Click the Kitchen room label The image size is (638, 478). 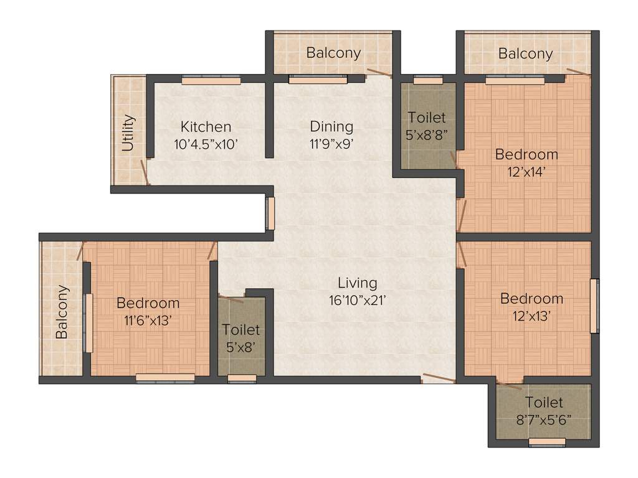tap(206, 127)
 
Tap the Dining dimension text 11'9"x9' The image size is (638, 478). tap(331, 143)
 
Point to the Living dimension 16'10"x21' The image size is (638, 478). tap(358, 299)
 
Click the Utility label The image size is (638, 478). tap(128, 133)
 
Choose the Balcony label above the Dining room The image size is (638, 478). tap(333, 53)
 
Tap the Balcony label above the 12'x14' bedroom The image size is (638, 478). tap(525, 54)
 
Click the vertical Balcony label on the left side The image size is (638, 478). tap(62, 312)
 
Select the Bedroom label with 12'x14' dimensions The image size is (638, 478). tap(526, 154)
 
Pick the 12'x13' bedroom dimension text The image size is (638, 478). tap(531, 315)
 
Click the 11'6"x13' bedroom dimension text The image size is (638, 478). tap(148, 320)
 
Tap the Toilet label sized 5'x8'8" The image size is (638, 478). tap(427, 118)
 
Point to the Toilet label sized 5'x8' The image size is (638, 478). tap(240, 330)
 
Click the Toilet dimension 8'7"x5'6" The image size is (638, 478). tap(544, 419)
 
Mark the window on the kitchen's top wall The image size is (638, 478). tap(211, 80)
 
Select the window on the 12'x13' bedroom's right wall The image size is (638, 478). tap(594, 306)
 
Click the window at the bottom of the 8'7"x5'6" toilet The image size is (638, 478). tap(547, 443)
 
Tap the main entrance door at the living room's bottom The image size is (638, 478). tap(439, 377)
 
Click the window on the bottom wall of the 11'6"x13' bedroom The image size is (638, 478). tap(165, 377)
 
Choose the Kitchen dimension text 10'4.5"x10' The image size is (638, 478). tap(206, 143)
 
